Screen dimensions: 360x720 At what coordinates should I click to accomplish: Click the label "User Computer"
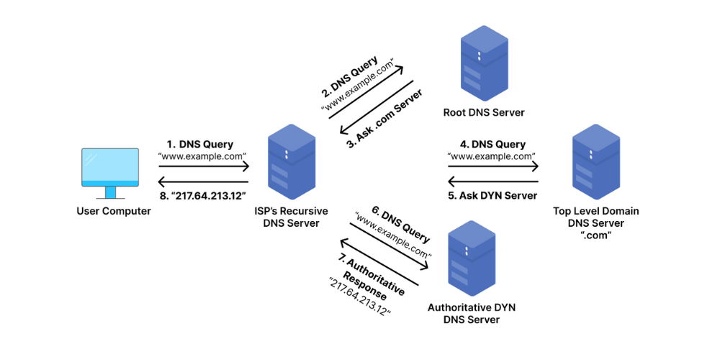click(114, 211)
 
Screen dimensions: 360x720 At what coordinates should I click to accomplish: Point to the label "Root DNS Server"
click(484, 112)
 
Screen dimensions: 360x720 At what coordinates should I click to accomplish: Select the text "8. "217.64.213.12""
click(202, 194)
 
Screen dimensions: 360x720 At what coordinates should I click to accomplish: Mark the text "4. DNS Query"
click(493, 144)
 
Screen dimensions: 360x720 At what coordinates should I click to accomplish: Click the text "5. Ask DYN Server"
click(493, 195)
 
